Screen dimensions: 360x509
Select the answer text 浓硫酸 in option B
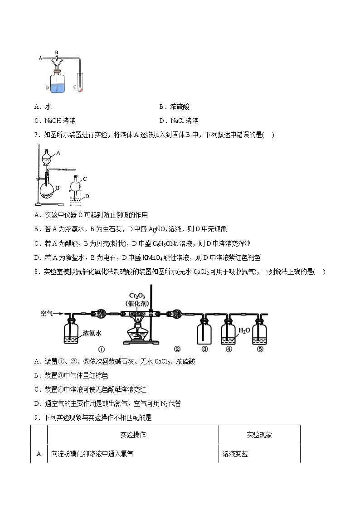coord(180,107)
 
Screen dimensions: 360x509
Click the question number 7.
coord(36,135)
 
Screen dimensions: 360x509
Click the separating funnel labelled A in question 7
coord(47,160)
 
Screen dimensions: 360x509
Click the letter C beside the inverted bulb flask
coord(84,179)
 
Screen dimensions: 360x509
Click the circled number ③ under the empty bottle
coord(204,349)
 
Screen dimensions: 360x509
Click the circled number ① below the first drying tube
coord(101,349)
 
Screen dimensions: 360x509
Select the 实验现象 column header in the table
coord(259,435)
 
